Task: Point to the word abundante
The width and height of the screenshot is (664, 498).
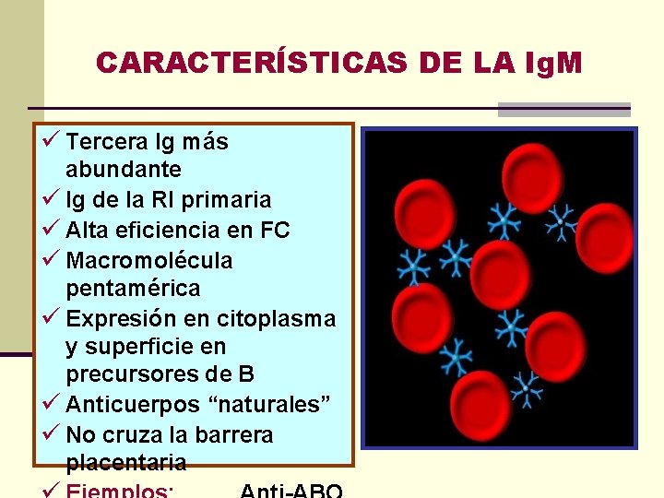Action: tap(124, 171)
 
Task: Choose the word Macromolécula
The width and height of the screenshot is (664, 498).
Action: tap(149, 261)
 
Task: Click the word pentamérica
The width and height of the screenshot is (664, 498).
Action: tap(133, 289)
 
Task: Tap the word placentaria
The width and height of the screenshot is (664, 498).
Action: tap(126, 462)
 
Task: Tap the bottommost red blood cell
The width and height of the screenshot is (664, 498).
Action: tap(494, 408)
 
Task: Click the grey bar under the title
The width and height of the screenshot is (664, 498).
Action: tap(563, 110)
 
